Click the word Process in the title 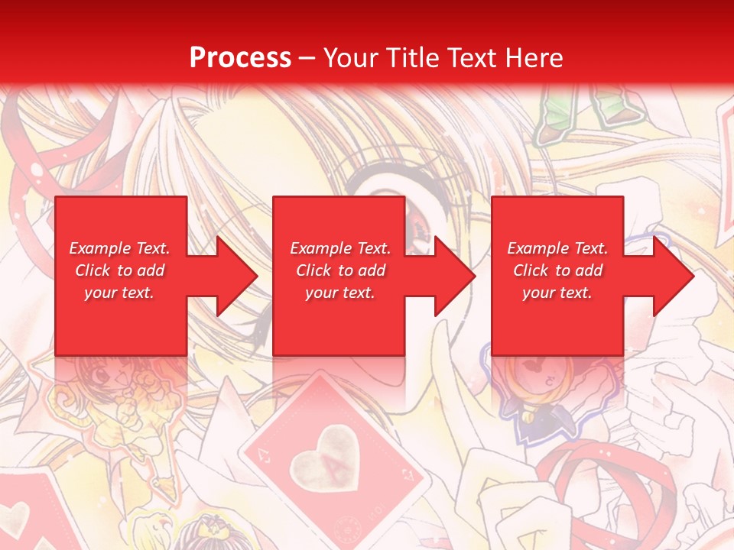coord(240,58)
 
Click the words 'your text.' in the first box coord(119,293)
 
